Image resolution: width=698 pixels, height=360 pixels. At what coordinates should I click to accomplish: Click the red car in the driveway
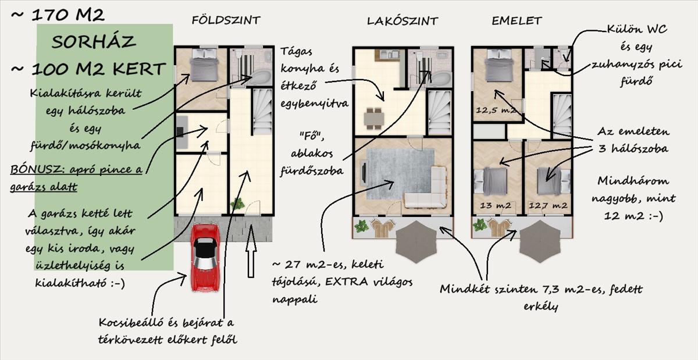point(205,258)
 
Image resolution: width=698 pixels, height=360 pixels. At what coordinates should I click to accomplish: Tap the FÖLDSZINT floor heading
point(226,20)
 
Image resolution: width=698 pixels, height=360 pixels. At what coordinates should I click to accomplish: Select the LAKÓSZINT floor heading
point(403,21)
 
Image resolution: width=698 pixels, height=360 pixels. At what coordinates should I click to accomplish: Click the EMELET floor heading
point(517,21)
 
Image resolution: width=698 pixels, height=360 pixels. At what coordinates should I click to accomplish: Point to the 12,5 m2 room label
point(496,110)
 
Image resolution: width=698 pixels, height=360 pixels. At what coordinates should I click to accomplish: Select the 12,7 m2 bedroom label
point(548,205)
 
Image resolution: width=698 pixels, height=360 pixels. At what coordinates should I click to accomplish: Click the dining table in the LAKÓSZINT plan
point(374,119)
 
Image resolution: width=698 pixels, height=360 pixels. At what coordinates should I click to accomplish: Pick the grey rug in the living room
point(400,174)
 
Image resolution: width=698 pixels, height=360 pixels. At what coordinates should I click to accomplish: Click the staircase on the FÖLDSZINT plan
point(263,112)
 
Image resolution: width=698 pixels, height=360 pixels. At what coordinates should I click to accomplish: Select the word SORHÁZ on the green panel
point(94,42)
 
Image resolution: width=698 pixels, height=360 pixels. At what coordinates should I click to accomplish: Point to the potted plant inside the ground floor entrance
point(237,204)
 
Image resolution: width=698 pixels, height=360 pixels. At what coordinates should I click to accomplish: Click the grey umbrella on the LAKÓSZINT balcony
point(416,241)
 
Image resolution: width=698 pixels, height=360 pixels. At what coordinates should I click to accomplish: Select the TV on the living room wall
point(364,172)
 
